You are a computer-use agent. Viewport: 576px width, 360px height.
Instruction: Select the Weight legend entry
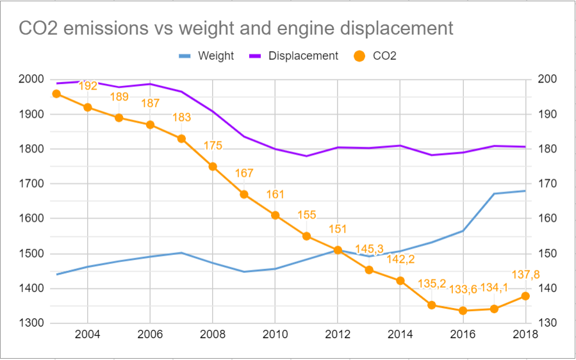click(x=216, y=56)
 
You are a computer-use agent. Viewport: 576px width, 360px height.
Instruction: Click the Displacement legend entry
click(x=303, y=56)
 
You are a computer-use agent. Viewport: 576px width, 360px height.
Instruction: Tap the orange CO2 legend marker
click(x=360, y=56)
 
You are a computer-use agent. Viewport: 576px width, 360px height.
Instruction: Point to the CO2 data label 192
click(x=88, y=86)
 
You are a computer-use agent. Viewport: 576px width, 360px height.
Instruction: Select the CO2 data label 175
click(x=213, y=145)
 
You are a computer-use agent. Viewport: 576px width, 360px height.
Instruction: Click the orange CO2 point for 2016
click(x=463, y=311)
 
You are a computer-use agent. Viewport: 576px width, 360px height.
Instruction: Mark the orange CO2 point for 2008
click(x=213, y=167)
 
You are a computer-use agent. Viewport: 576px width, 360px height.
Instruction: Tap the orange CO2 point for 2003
click(x=56, y=94)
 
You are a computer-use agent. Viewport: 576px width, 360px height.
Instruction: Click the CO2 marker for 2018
click(x=525, y=296)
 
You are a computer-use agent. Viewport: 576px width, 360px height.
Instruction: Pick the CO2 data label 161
click(x=275, y=194)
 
